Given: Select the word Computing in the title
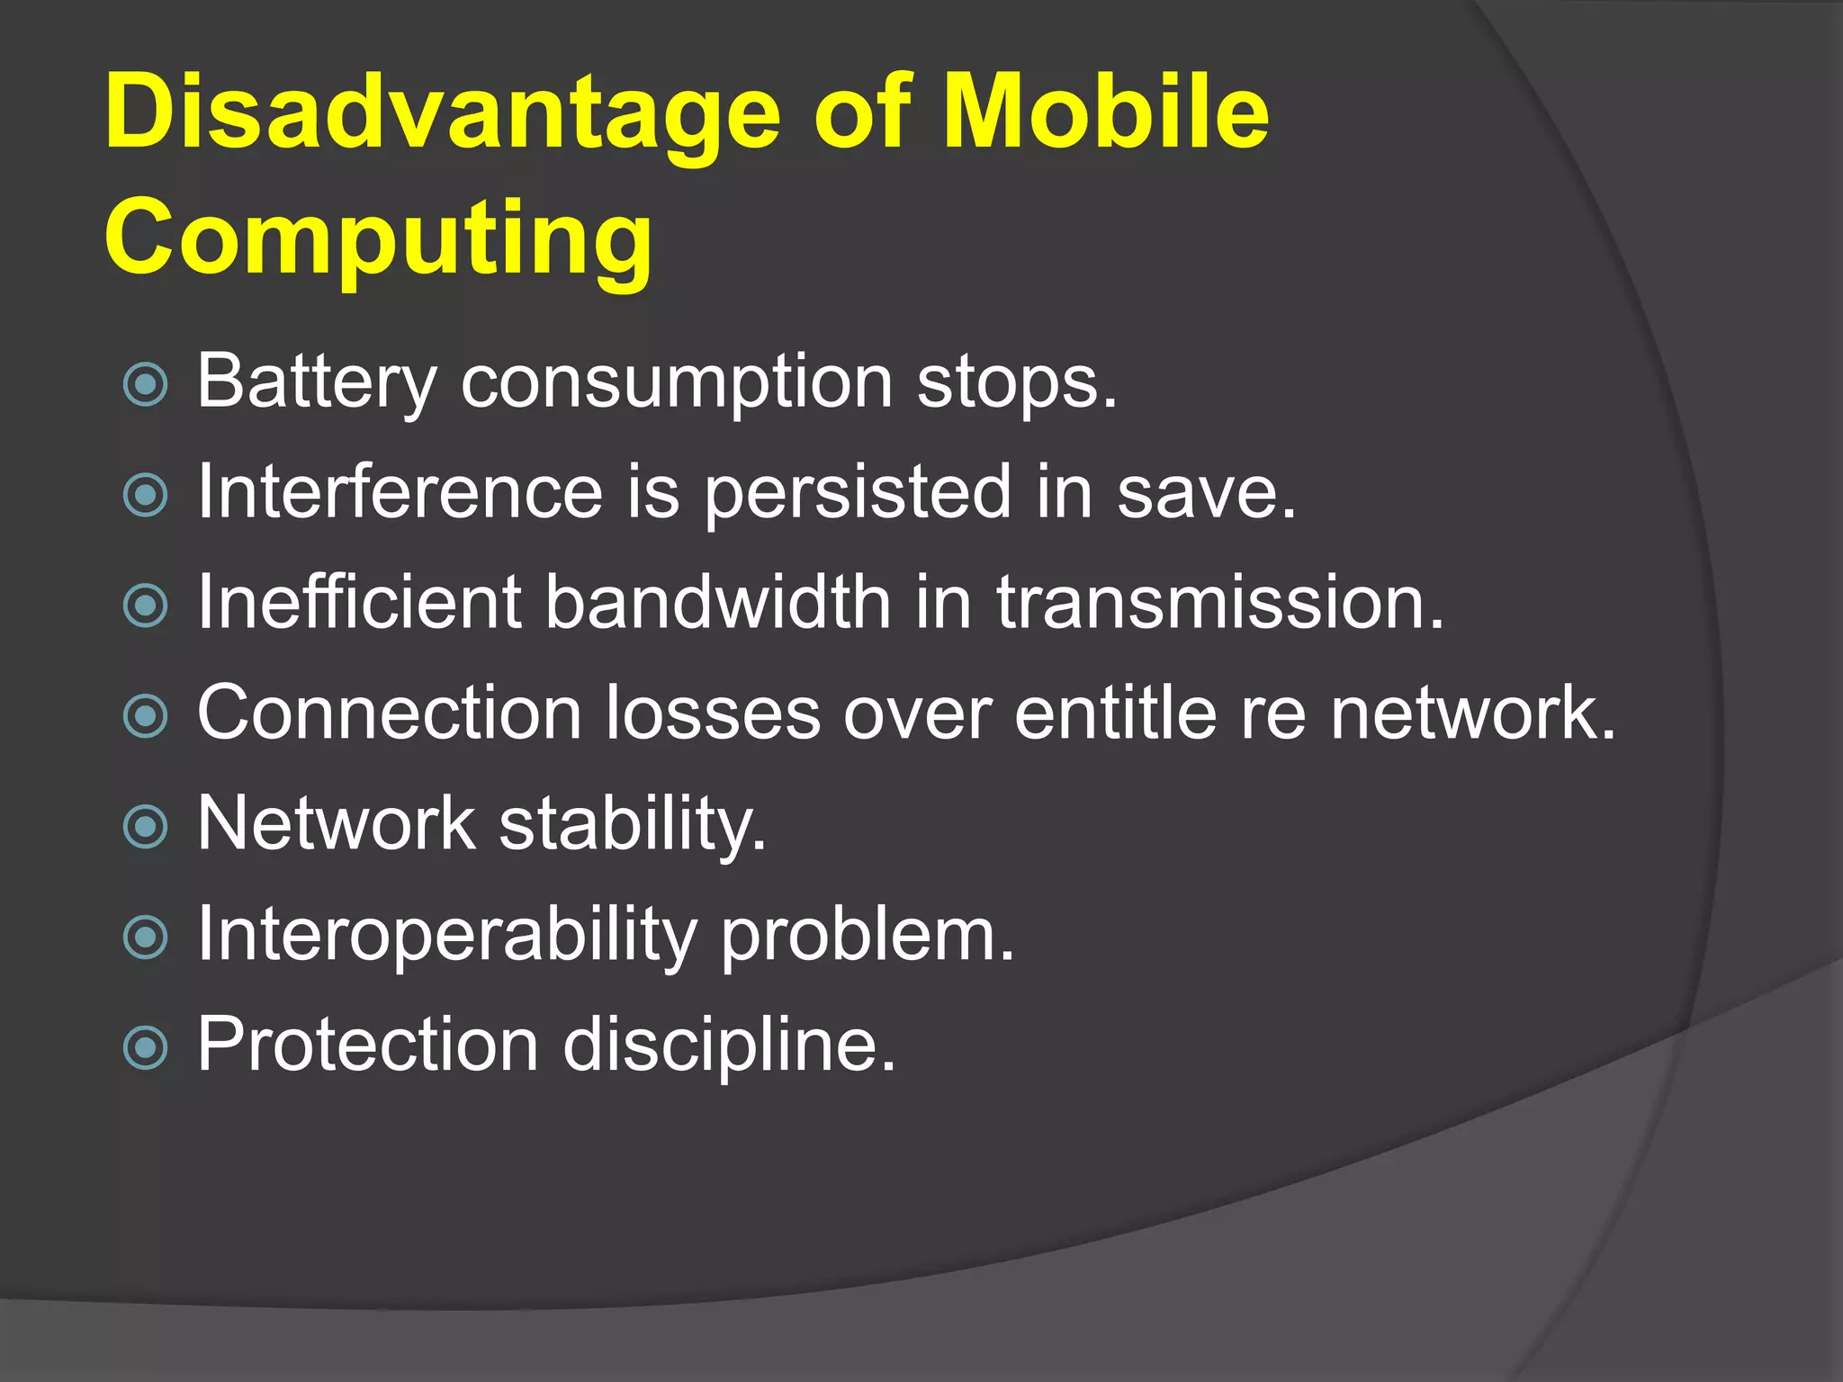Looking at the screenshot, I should click(378, 239).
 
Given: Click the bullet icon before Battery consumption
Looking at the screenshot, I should click(146, 384).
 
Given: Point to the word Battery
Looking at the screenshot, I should click(316, 382).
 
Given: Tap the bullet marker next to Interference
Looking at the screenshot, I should click(146, 495).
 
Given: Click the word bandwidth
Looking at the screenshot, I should click(718, 602).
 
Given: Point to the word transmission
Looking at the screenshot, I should click(1218, 602).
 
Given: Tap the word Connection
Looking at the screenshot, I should click(389, 713).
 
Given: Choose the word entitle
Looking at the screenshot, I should click(1116, 713).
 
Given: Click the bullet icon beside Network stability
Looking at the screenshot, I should click(146, 827).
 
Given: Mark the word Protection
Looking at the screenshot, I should click(367, 1045).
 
